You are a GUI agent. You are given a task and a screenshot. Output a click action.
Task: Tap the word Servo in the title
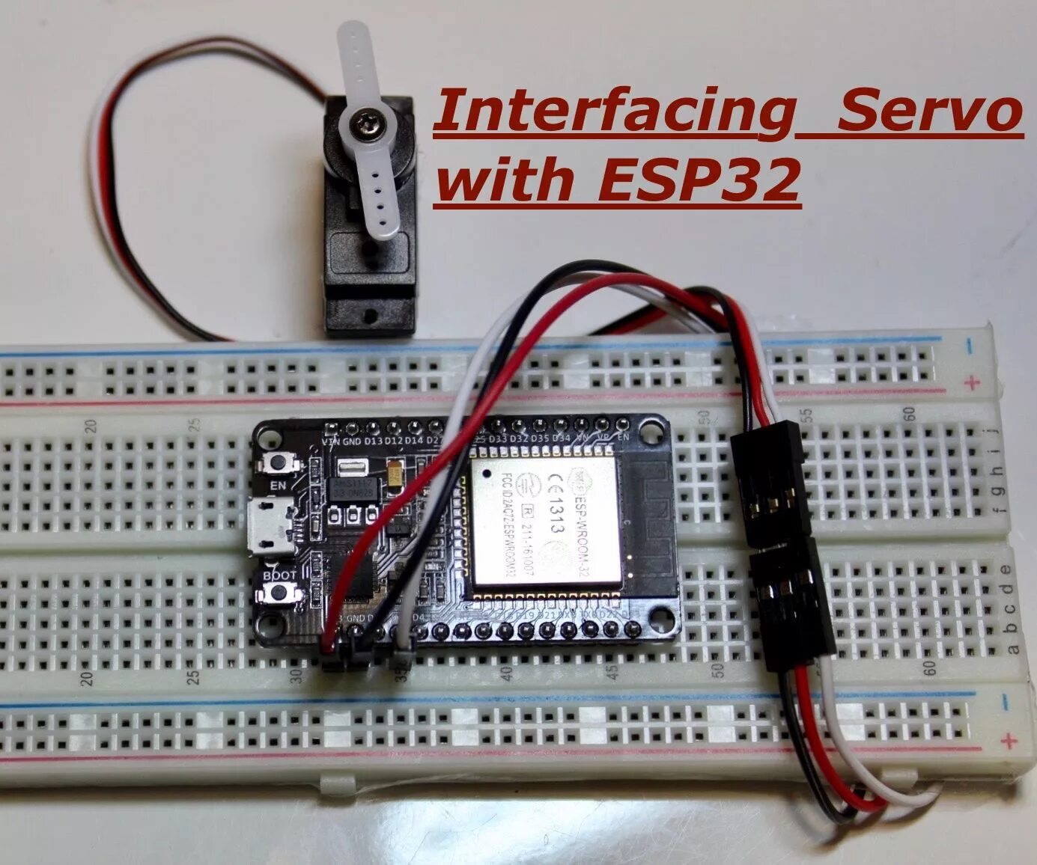(928, 111)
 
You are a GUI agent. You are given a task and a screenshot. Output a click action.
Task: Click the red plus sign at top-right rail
(973, 383)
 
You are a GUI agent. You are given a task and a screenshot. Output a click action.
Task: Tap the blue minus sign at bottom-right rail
(1006, 702)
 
